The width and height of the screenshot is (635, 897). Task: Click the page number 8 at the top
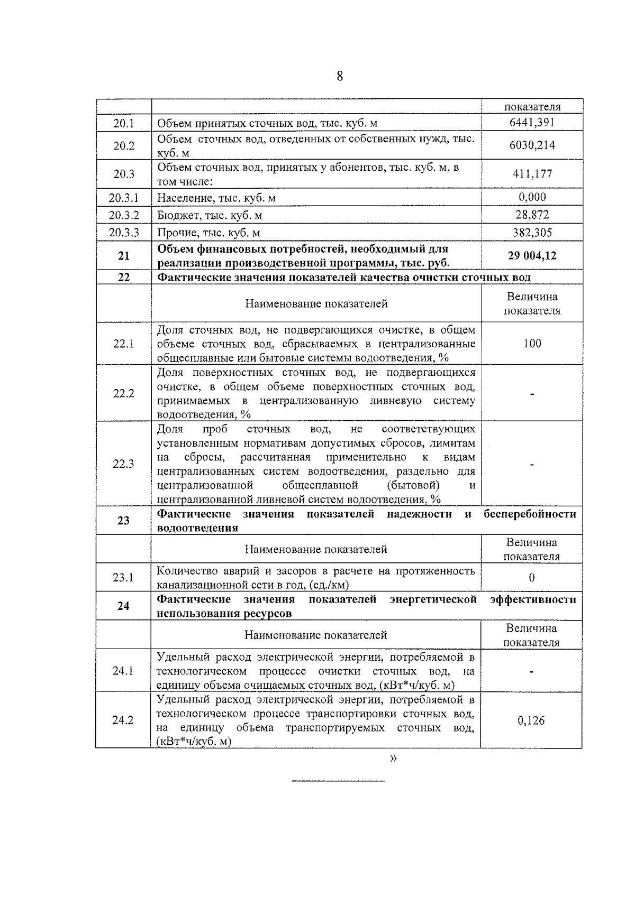coord(339,76)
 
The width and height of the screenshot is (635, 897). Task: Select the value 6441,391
coord(532,123)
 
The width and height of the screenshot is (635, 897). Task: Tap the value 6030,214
coord(532,145)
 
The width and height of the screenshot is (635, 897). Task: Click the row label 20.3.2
coord(124,215)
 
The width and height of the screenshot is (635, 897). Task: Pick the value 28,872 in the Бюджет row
coord(532,215)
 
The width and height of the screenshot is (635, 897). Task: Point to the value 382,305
coord(532,233)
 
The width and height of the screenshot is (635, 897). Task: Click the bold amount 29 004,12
coord(532,256)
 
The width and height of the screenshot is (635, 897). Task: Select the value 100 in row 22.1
coord(532,344)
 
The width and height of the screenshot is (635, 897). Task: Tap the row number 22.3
coord(123,464)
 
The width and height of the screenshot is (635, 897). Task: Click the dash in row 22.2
coord(532,394)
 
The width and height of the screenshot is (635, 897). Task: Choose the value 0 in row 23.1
coord(531,577)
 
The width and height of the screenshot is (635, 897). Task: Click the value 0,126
coord(531,720)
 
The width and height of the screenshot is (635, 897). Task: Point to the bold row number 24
coord(123,606)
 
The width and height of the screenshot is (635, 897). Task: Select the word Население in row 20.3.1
coord(181,198)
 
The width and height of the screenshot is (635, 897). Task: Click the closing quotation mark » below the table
coord(393,760)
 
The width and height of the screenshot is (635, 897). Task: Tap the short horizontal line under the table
coord(339,781)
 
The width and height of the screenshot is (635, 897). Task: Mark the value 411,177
coord(532,174)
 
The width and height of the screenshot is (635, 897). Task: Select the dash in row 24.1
coord(531,672)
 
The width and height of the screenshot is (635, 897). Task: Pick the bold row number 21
coord(123,256)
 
